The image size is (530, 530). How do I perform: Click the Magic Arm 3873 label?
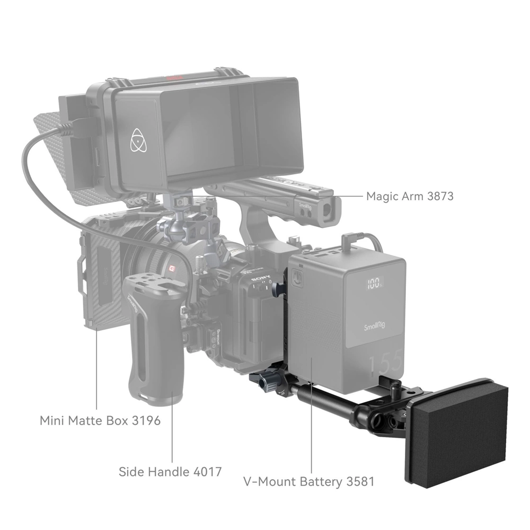[410, 196]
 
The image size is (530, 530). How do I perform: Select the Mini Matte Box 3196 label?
[100, 421]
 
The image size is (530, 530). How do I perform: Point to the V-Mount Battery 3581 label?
[309, 482]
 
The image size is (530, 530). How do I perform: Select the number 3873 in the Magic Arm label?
[439, 196]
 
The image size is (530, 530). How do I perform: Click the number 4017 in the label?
[203, 471]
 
